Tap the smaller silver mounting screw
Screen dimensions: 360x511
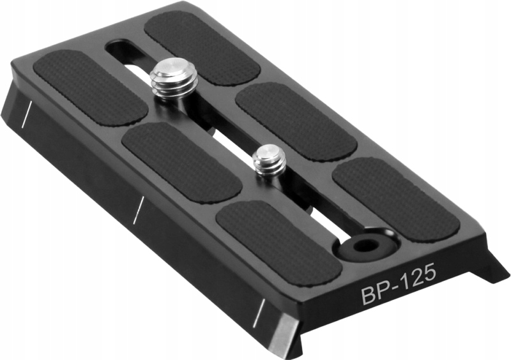tap(269, 161)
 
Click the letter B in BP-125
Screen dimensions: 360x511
tap(369, 295)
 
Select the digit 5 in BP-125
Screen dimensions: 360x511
tap(428, 274)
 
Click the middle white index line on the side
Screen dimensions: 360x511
tap(137, 209)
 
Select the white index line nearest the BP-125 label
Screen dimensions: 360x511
tap(259, 311)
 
